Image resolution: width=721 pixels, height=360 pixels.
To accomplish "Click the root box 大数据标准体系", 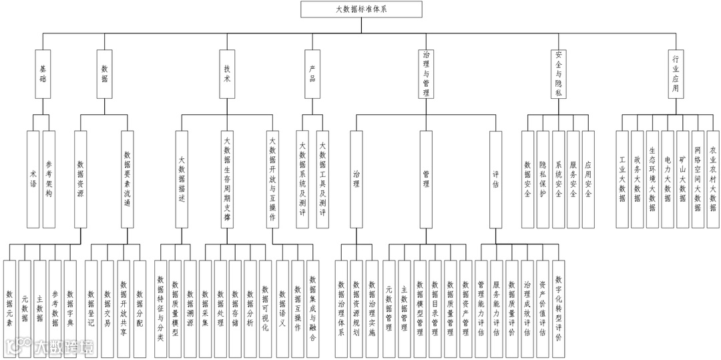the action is [x=360, y=9].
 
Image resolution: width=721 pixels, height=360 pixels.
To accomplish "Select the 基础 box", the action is [x=43, y=73].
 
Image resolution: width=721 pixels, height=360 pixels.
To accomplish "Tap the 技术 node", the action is [x=226, y=73].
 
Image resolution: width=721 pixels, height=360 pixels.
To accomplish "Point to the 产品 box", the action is [x=312, y=73].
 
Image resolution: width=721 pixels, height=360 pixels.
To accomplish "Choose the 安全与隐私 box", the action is [x=559, y=73].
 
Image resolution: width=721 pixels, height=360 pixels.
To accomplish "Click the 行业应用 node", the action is [x=676, y=73].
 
